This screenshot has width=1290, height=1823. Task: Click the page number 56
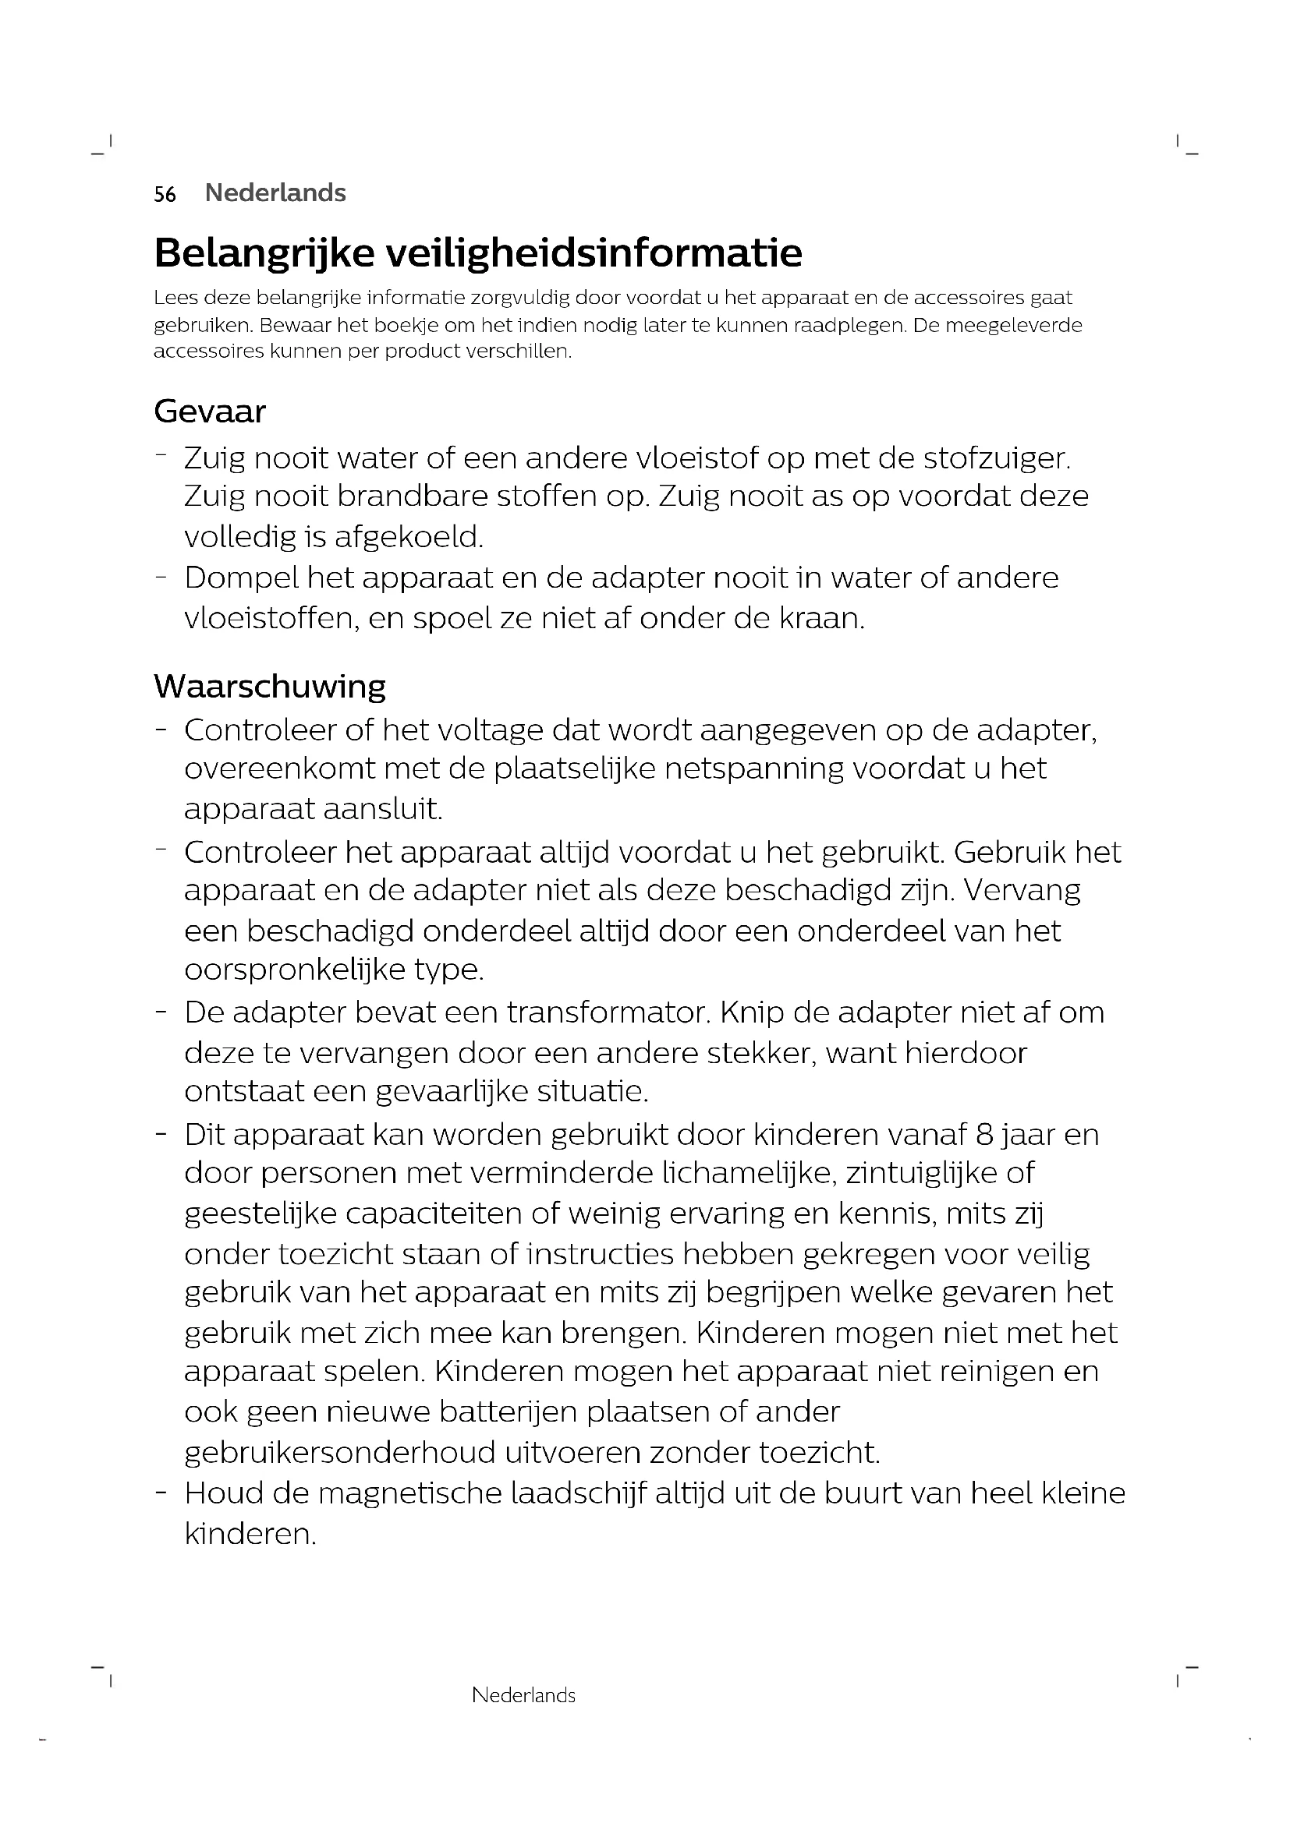165,194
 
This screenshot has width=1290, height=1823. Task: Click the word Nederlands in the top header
275,193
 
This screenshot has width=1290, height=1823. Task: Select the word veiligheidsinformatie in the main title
594,253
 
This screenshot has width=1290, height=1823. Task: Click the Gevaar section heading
210,412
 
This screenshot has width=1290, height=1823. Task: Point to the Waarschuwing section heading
269,686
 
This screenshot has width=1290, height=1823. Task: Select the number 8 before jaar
985,1134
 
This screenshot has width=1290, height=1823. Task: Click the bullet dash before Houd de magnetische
161,1492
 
